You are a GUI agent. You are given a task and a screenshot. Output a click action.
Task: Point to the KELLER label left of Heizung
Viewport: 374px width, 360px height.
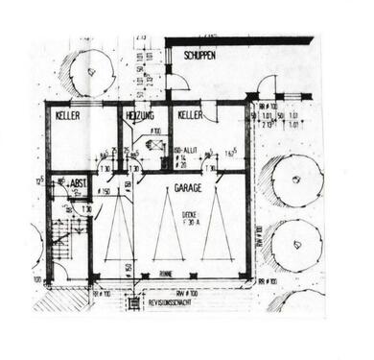pyautogui.click(x=68, y=115)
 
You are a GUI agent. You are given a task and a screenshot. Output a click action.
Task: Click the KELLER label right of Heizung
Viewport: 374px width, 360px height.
pyautogui.click(x=191, y=115)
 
